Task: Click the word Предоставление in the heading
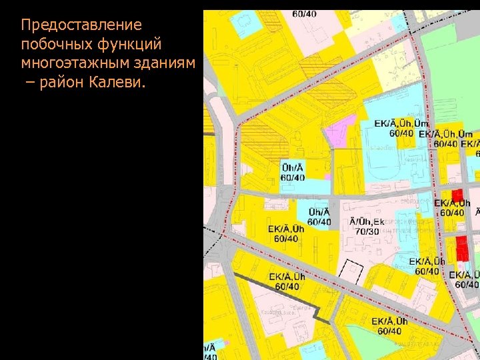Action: point(81,25)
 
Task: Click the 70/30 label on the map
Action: point(367,231)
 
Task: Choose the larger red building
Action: point(461,248)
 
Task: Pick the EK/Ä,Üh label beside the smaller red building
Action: point(452,203)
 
